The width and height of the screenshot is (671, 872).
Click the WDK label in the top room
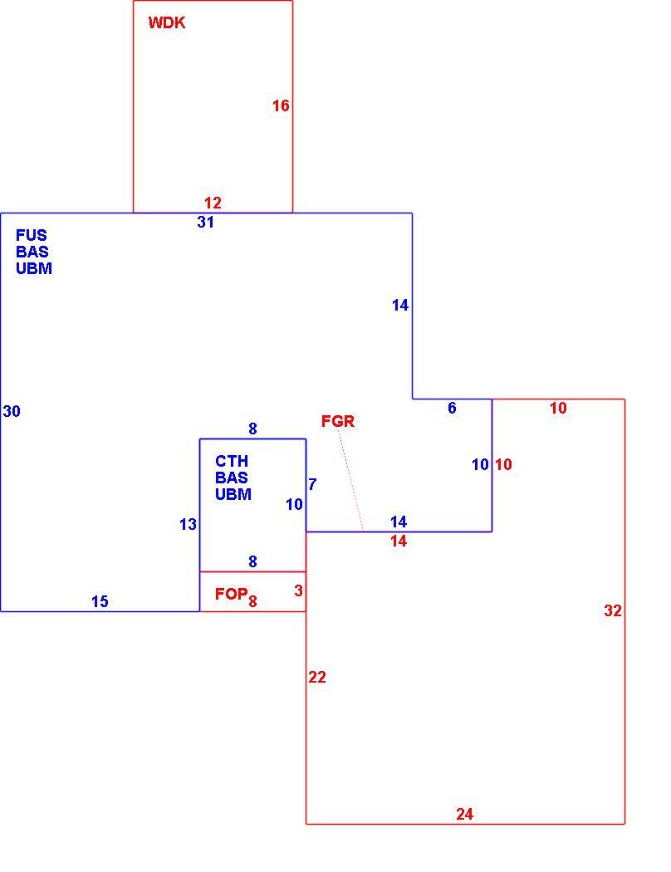point(167,22)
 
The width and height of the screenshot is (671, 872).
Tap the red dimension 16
point(281,105)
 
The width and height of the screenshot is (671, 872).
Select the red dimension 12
point(213,203)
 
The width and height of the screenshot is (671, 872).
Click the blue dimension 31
point(206,222)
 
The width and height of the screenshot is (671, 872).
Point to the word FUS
point(31,235)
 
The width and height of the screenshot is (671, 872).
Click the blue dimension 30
point(12,411)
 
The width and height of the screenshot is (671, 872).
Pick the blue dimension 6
point(452,409)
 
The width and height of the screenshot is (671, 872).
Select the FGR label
point(338,422)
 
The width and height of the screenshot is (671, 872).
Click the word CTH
point(232,461)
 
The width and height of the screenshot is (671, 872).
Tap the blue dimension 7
point(312,484)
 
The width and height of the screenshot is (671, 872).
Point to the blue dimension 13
point(188,524)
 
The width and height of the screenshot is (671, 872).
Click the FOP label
point(231,594)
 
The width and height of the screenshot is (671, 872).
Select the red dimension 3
point(298,590)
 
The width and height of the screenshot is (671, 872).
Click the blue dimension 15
point(100,602)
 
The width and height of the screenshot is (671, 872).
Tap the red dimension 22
point(317,677)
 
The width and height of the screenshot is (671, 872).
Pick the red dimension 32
point(613,610)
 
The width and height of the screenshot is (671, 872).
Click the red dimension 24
point(465,814)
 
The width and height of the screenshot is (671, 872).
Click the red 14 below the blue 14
point(399,541)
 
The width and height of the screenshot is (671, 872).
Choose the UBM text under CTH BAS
point(233,494)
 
